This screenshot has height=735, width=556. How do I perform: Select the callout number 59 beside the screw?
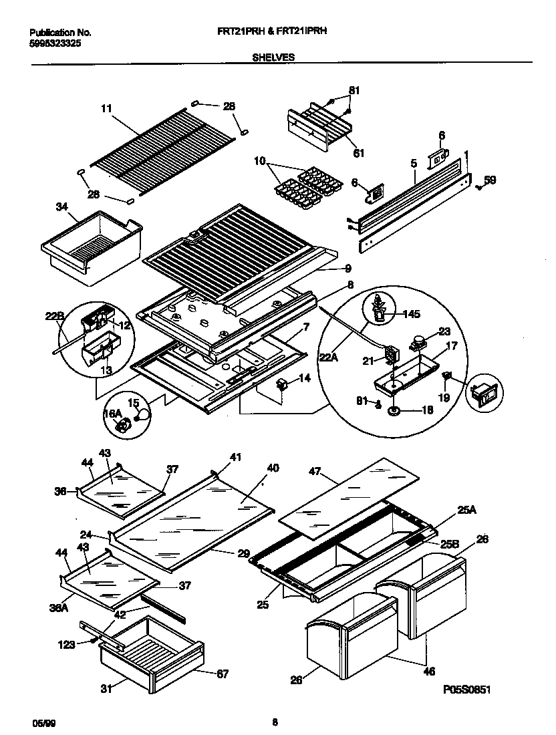(x=490, y=179)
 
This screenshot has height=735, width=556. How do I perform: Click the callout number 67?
(x=222, y=674)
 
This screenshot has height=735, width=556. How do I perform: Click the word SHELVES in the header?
(x=273, y=57)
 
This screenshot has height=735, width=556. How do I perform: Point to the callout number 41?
(x=235, y=458)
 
